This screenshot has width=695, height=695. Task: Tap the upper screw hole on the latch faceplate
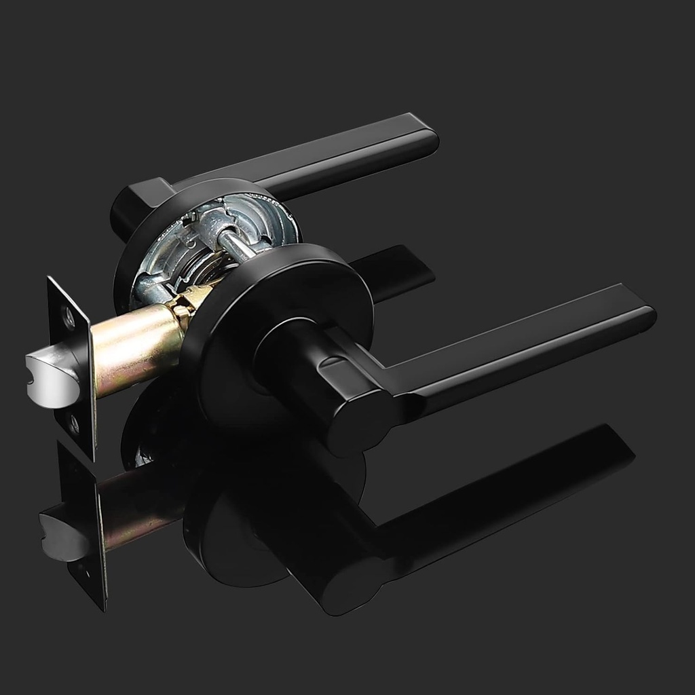tap(68, 316)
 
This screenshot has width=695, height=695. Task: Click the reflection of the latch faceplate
tap(85, 523)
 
